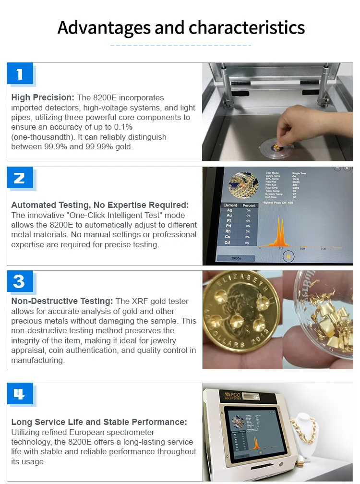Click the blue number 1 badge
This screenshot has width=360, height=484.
pos(20,74)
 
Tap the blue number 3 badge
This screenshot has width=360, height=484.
pos(20,281)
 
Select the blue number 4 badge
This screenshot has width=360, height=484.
pos(20,394)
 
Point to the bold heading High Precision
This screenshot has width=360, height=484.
pos(43,97)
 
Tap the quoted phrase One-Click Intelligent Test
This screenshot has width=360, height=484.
pos(100,215)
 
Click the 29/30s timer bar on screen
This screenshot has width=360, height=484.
pos(236,259)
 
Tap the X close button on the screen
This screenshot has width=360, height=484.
pos(347,169)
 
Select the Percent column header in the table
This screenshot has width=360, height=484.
pos(250,205)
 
